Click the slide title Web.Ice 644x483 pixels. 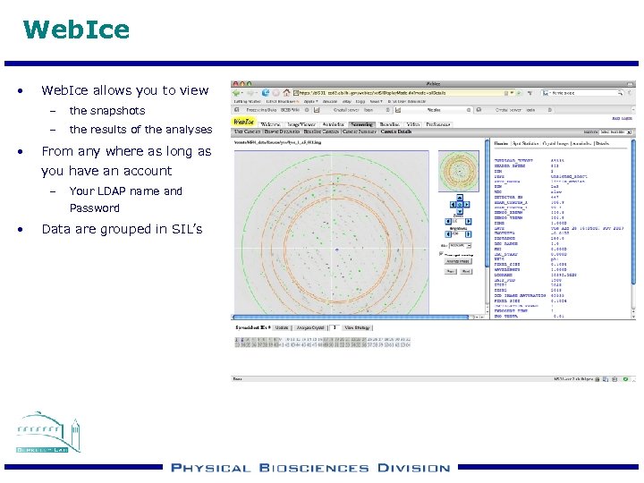(x=76, y=30)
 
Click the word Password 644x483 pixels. (x=94, y=208)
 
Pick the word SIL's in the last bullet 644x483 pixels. (x=183, y=229)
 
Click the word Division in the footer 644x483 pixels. (x=413, y=468)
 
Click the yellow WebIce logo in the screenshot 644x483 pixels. (x=243, y=123)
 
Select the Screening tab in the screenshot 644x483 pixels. (x=361, y=123)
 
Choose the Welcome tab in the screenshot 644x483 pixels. (x=270, y=123)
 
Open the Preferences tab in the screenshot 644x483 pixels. (x=437, y=123)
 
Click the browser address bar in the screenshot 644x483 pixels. (x=402, y=91)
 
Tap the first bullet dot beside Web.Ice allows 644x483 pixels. (x=21, y=90)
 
